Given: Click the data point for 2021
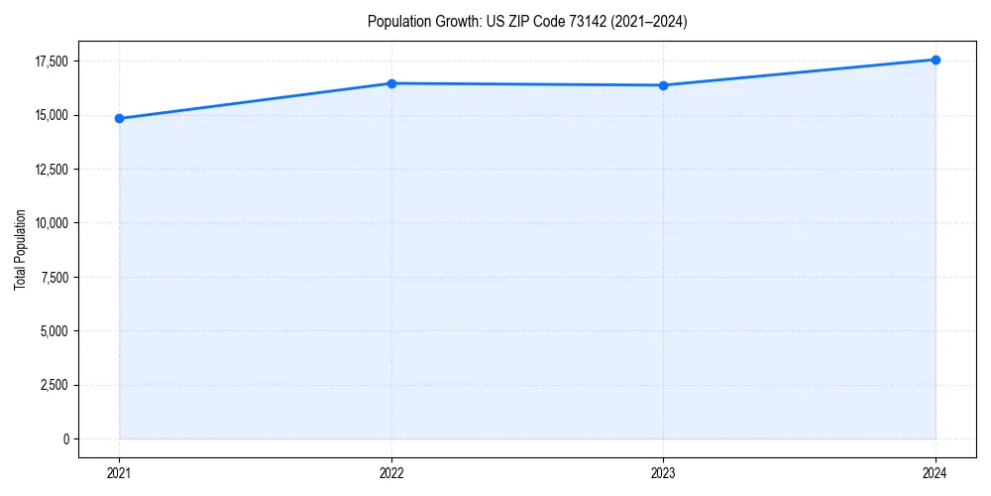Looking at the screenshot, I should click(x=120, y=118).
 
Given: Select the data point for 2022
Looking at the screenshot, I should click(x=391, y=83).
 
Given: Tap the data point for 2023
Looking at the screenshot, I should click(x=663, y=85).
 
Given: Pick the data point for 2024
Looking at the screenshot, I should click(x=936, y=60).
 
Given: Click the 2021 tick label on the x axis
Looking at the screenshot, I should click(x=120, y=472).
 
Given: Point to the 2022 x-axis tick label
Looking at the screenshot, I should click(x=391, y=472).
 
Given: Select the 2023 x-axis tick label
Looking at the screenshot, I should click(x=663, y=472).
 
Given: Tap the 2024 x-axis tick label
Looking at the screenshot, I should click(x=936, y=472).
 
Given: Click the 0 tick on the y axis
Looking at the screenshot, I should click(x=65, y=438).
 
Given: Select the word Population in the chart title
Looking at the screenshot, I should click(x=397, y=22).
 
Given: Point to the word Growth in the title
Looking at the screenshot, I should click(x=455, y=22).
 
